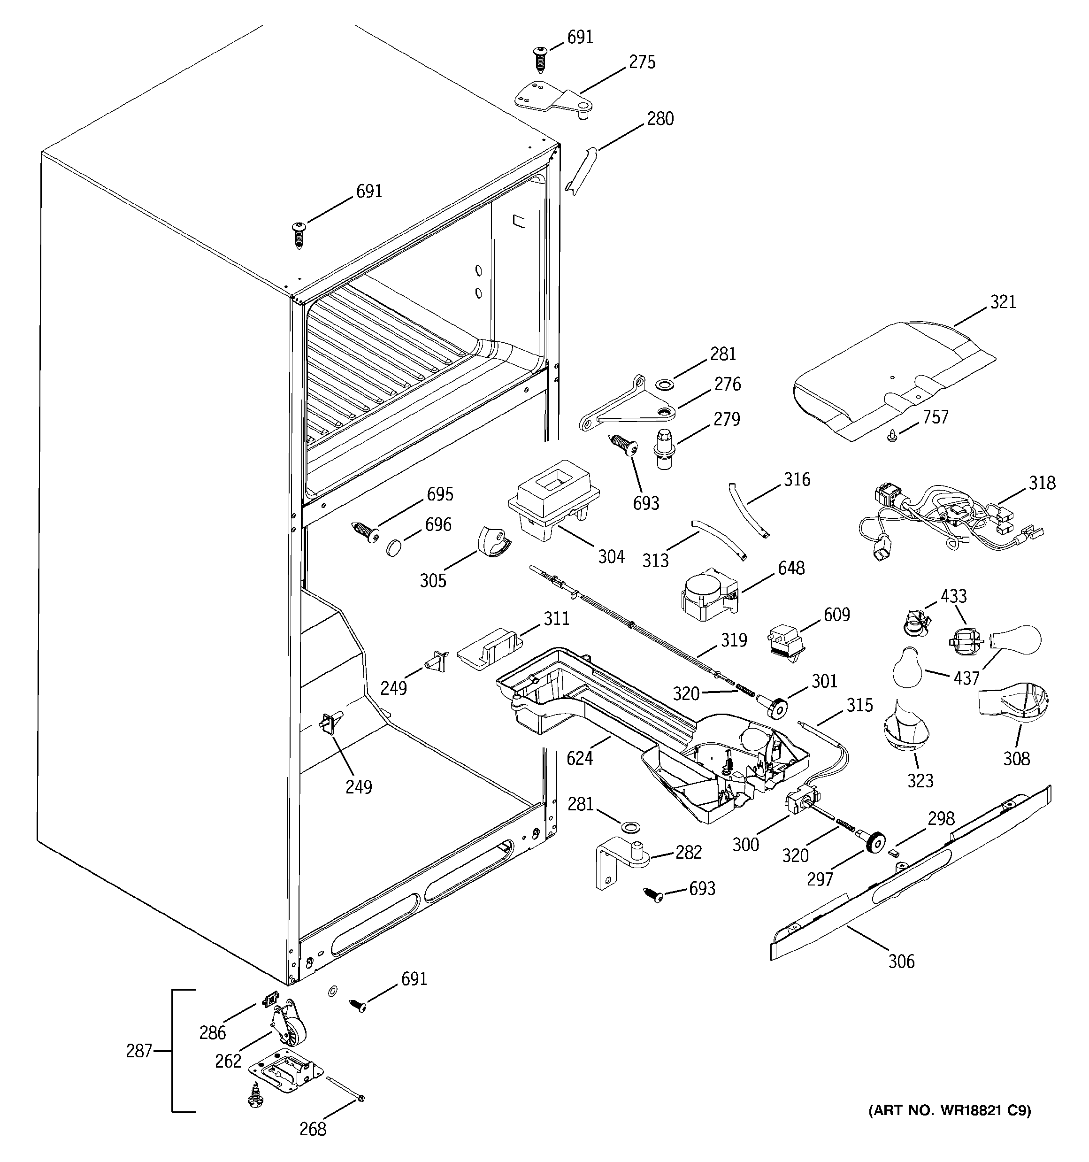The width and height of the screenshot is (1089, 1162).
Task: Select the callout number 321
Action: pos(1003,302)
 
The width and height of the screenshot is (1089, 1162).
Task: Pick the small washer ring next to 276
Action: pos(665,384)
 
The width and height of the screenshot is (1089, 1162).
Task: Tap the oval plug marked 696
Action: pos(395,548)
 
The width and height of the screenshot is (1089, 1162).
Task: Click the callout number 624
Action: pos(579,759)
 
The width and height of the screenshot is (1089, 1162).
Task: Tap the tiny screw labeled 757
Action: pos(892,436)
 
